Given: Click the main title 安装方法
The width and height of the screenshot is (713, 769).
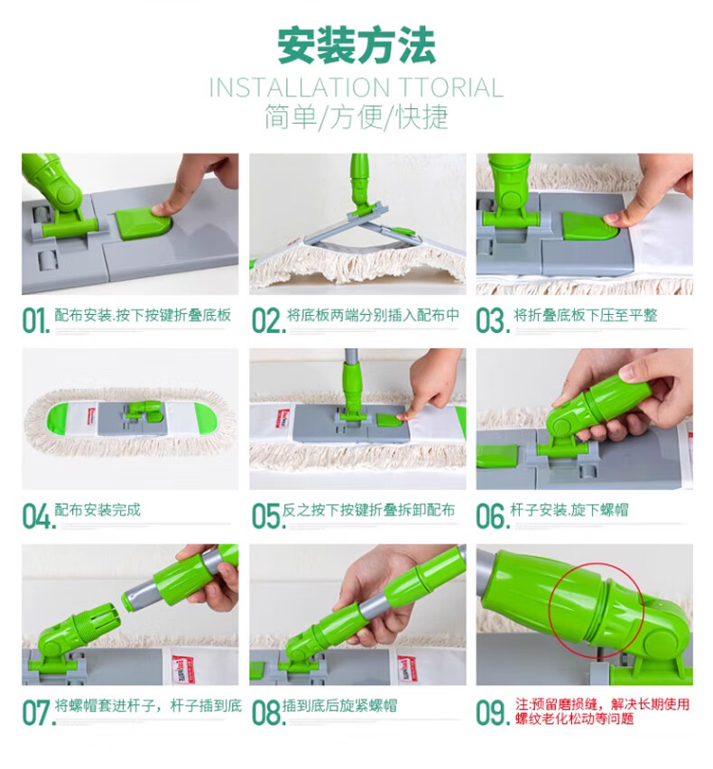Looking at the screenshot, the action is pyautogui.click(x=356, y=46).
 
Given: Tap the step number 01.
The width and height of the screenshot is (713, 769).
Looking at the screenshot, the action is pyautogui.click(x=36, y=320).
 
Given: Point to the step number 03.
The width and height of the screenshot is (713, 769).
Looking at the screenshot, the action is pyautogui.click(x=493, y=320).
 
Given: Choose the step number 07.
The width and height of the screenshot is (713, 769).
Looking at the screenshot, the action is pyautogui.click(x=37, y=712).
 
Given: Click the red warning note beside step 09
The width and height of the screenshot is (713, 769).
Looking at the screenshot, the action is pyautogui.click(x=602, y=711).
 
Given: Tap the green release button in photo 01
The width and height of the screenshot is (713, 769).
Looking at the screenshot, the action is pyautogui.click(x=144, y=226).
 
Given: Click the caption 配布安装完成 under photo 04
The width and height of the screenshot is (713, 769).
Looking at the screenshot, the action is pyautogui.click(x=97, y=510).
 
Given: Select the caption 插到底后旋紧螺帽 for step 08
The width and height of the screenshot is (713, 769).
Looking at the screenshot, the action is pyautogui.click(x=339, y=706).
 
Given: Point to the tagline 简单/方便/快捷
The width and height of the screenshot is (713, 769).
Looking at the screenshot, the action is pyautogui.click(x=356, y=117).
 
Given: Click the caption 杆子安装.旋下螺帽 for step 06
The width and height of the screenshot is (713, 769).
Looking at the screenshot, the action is pyautogui.click(x=569, y=510).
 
